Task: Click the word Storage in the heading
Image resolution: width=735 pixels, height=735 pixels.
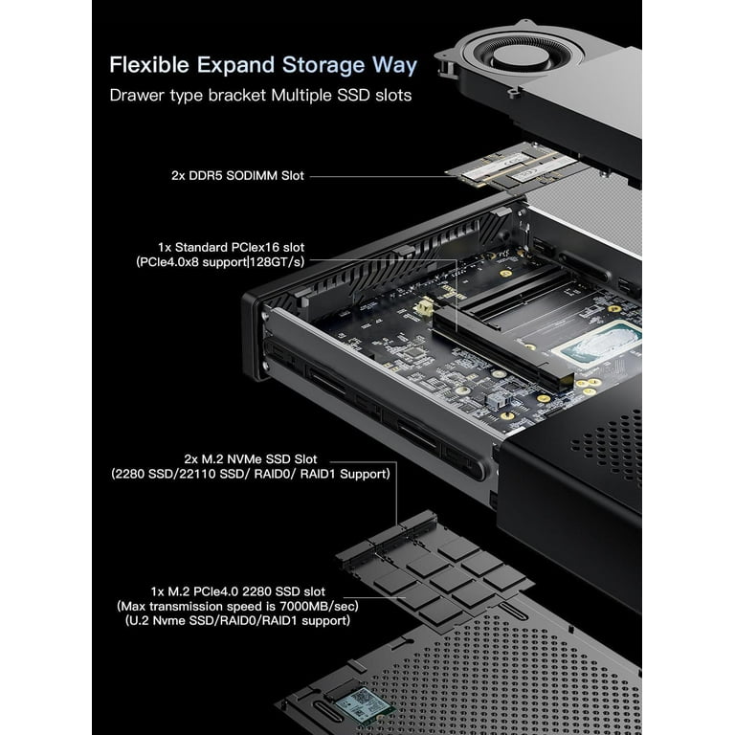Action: [323, 65]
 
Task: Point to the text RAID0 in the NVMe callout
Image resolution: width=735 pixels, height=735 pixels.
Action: [280, 473]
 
